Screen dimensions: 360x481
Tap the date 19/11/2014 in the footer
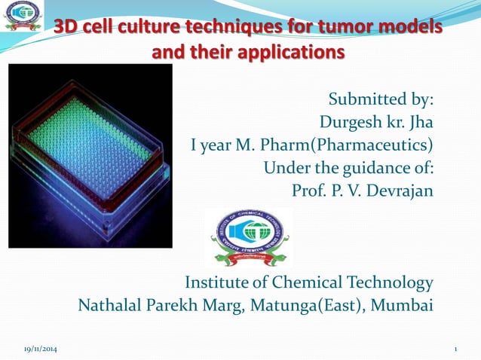tap(38, 349)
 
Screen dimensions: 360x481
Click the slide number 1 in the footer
tap(456, 349)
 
